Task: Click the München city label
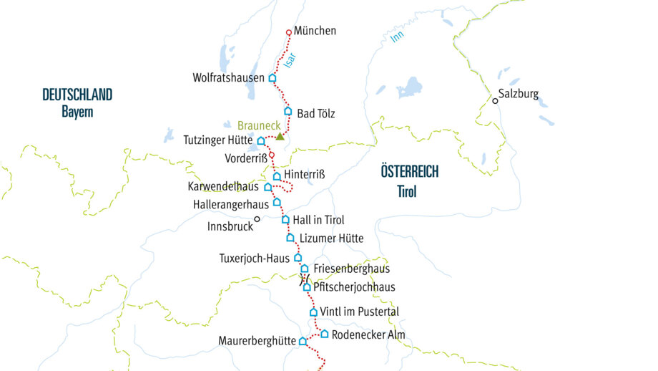pos(315,32)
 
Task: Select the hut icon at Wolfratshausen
pos(272,78)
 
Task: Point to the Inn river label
pos(397,37)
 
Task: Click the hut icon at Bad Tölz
pos(288,112)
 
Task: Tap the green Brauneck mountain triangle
pos(280,135)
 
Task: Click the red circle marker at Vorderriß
pos(272,154)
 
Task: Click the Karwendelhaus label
pos(222,187)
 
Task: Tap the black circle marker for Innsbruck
pos(257,220)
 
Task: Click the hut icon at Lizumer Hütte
pos(290,238)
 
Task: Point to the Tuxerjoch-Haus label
pos(254,257)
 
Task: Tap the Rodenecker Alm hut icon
pos(325,334)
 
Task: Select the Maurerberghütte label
pos(257,342)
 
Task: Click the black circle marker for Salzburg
pos(494,101)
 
